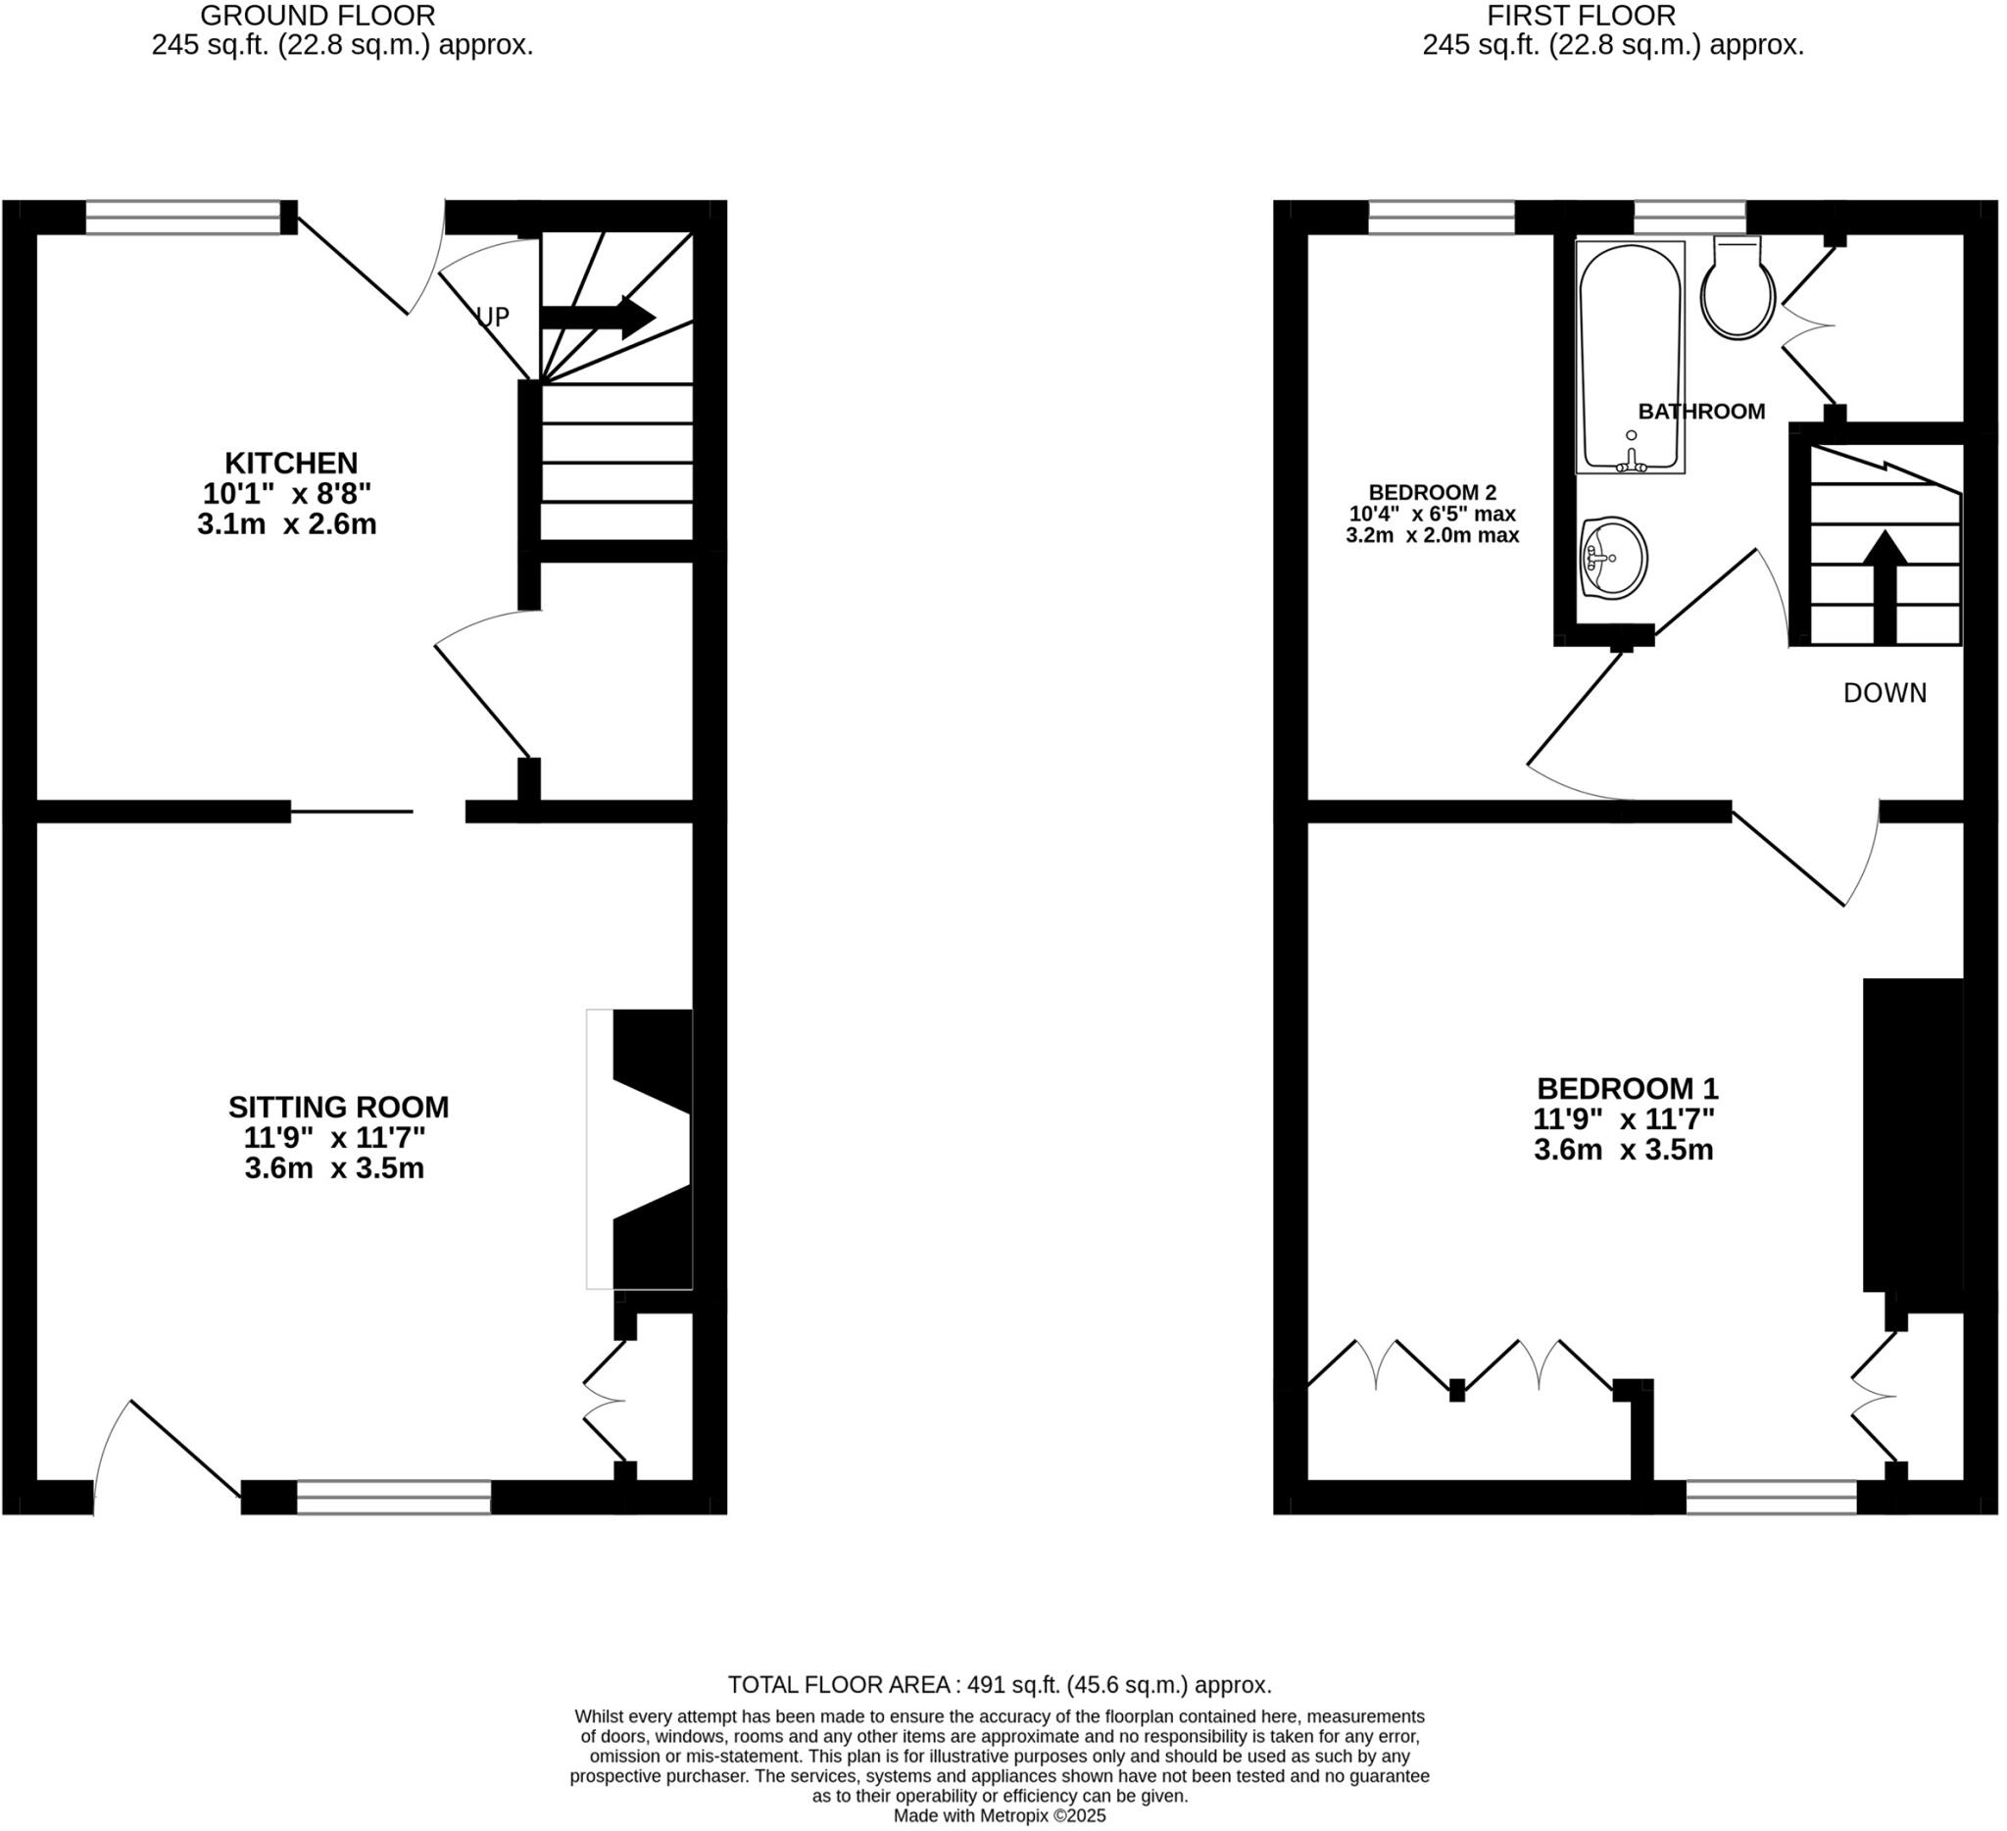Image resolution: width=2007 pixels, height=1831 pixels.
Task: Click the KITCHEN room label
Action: [x=291, y=463]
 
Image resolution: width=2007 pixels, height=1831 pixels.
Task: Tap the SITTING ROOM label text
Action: [x=338, y=1108]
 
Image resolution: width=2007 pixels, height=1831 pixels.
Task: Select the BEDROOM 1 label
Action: [x=1627, y=1088]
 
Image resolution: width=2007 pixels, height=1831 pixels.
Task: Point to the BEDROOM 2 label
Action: [x=1432, y=492]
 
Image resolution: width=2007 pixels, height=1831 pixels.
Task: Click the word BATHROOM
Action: [x=1701, y=412]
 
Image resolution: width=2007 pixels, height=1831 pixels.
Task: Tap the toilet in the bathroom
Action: [x=1738, y=291]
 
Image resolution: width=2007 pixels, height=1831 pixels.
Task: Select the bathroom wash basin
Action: [x=1613, y=558]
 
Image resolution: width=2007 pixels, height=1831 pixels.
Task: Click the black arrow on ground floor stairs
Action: [x=598, y=318]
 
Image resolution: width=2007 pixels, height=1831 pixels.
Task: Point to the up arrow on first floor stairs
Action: [x=1885, y=587]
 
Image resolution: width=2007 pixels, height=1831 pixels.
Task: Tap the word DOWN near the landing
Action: [x=1885, y=693]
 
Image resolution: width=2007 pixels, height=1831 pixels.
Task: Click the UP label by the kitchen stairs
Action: [x=493, y=317]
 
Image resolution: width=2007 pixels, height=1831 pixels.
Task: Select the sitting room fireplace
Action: [x=642, y=1149]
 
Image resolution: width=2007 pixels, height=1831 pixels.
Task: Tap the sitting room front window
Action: [x=393, y=1497]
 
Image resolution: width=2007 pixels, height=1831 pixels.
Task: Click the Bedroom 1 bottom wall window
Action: [x=1771, y=1497]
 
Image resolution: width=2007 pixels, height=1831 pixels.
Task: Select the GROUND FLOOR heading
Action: [x=318, y=16]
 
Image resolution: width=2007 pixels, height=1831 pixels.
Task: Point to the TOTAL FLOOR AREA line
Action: [x=1000, y=1686]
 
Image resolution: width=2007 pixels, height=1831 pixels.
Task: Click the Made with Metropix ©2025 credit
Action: [x=1000, y=1816]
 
